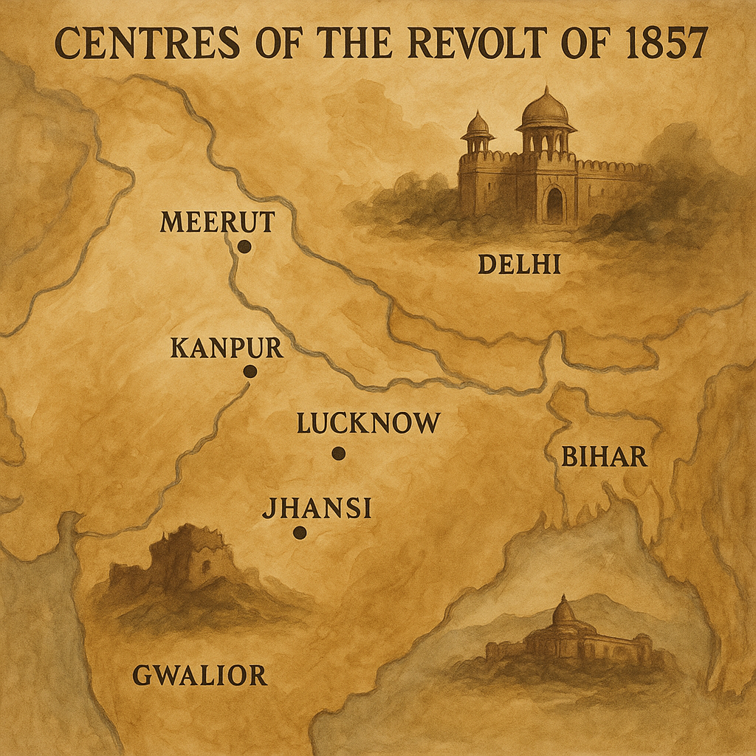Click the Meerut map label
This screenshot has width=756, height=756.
coord(217,221)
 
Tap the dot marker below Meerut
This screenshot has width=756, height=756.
coord(244,247)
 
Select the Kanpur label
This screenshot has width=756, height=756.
coord(226,348)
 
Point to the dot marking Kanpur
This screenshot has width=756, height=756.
coord(250,372)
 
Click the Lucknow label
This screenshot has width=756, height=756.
coord(368,424)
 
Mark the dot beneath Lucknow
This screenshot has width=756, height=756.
coord(338,453)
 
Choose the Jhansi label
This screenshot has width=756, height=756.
coord(317,509)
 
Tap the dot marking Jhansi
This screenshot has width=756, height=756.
coord(300,532)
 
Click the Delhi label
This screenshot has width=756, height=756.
coord(519,264)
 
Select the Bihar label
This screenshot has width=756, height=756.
coord(605,458)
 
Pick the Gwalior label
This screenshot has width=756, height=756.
coord(199,675)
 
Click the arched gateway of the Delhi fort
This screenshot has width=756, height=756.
coord(554,205)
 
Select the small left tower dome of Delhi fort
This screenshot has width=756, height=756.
coord(478,124)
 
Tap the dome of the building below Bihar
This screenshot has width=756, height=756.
coord(564,611)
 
